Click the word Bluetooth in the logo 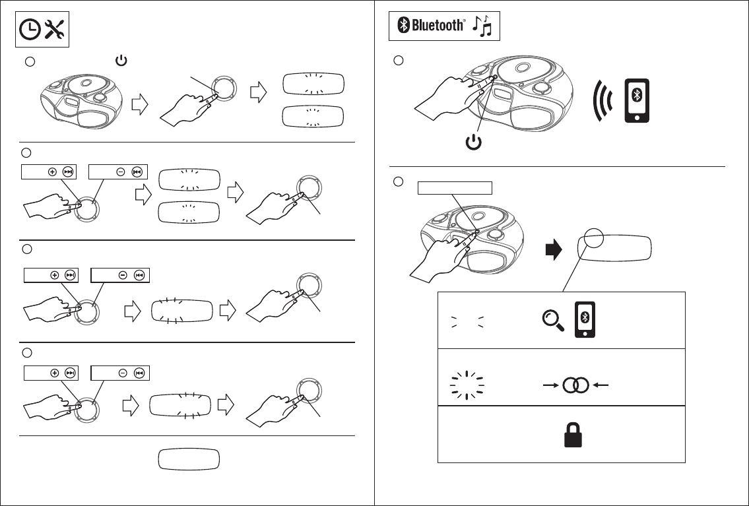[x=438, y=26]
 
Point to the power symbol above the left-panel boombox [x=121, y=61]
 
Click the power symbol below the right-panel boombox [x=473, y=142]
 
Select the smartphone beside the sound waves [x=636, y=101]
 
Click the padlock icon [x=568, y=435]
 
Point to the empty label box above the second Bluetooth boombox [x=455, y=187]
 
